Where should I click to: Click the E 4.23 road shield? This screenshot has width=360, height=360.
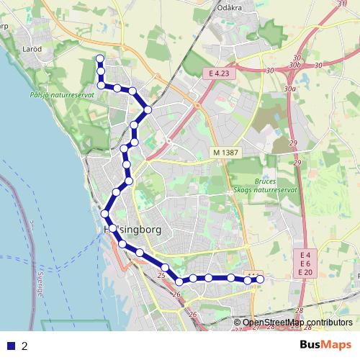pyautogui.click(x=219, y=73)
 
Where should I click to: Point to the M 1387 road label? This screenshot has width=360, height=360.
pyautogui.click(x=225, y=153)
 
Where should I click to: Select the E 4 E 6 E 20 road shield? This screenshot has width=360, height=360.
pyautogui.click(x=305, y=264)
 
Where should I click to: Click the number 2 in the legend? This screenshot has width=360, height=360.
pyautogui.click(x=24, y=346)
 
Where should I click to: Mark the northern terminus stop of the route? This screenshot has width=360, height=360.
pyautogui.click(x=99, y=58)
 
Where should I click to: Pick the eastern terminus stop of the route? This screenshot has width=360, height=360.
pyautogui.click(x=261, y=279)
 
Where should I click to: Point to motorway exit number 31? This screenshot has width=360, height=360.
pyautogui.click(x=341, y=4)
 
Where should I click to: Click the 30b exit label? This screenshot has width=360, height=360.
pyautogui.click(x=294, y=65)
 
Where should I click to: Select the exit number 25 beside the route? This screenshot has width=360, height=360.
pyautogui.click(x=162, y=276)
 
